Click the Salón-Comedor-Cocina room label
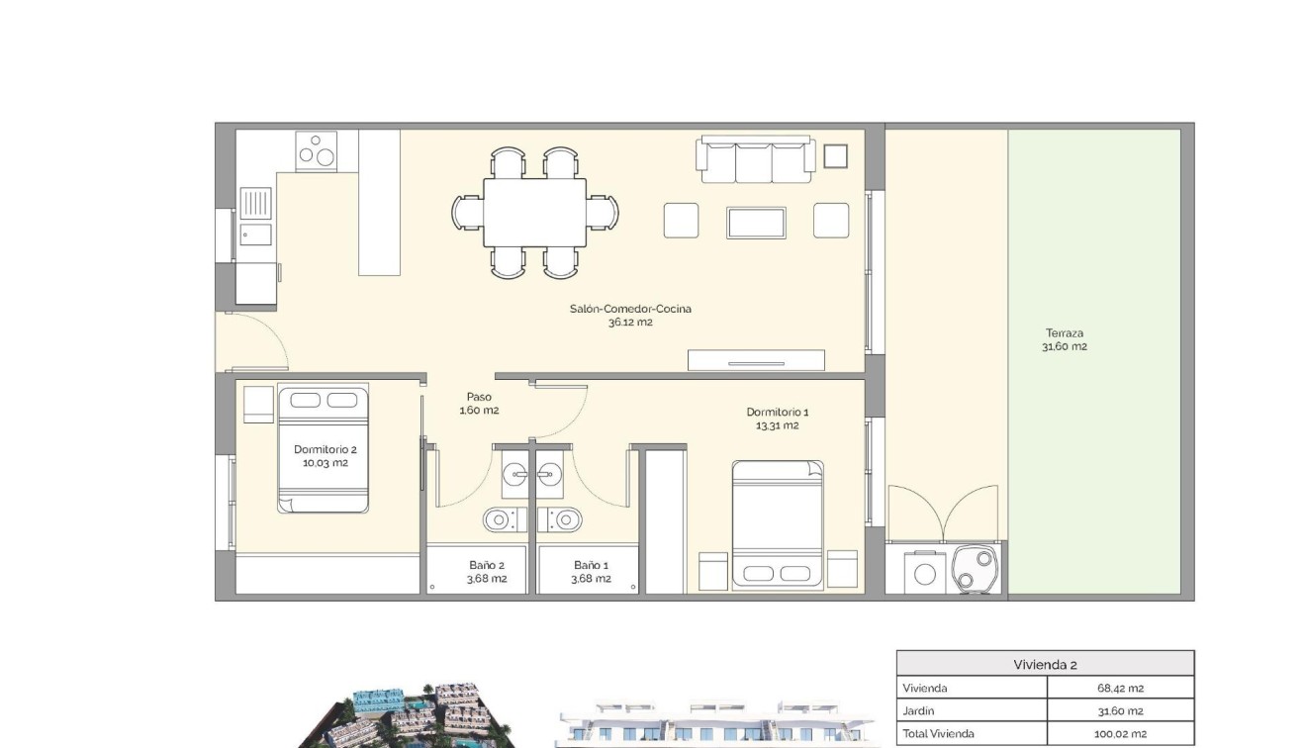630,309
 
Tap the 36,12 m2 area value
630,323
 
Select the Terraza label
1064,333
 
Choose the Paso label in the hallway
479,397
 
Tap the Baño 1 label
592,565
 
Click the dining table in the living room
534,213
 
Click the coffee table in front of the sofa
756,223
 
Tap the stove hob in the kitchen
317,150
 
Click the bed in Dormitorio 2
324,450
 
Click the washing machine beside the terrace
926,573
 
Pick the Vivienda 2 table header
1045,664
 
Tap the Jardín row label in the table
919,710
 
